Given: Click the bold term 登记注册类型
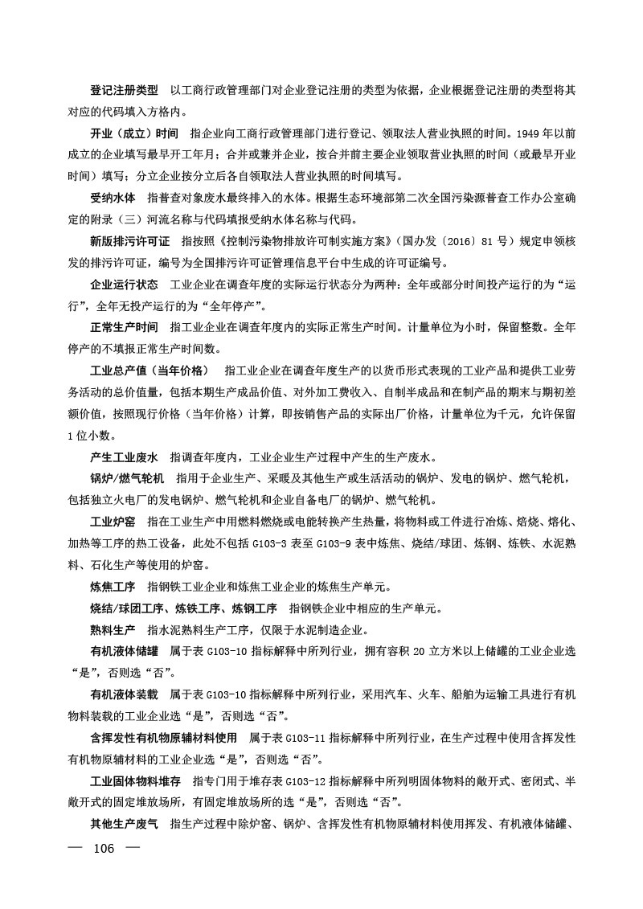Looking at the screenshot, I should click(x=124, y=90).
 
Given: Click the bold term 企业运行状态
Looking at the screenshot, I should click(x=124, y=285).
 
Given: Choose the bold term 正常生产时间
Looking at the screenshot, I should click(x=124, y=328).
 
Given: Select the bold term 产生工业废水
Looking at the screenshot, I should click(x=124, y=457).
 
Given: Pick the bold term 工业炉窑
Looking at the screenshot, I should click(x=113, y=522).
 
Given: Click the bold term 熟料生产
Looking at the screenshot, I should click(x=113, y=630).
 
